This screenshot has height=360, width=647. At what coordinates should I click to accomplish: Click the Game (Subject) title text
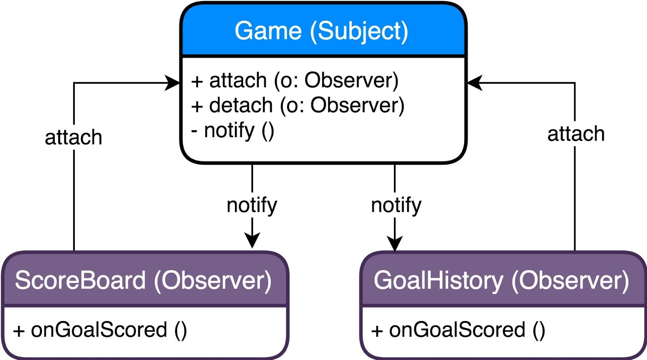point(321,31)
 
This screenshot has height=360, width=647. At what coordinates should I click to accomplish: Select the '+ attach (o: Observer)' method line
point(295,80)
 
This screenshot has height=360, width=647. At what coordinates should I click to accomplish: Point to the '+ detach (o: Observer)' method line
point(298,105)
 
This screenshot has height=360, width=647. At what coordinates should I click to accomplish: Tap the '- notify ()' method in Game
point(233,131)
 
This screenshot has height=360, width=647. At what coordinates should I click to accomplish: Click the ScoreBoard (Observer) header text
point(143,280)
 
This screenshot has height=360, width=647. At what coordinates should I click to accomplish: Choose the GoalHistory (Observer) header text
point(501,280)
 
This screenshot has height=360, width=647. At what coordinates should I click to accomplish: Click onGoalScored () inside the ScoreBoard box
point(100,330)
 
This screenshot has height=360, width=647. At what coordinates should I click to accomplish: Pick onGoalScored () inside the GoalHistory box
point(458,330)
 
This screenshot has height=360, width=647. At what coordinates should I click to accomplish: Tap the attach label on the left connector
point(74,138)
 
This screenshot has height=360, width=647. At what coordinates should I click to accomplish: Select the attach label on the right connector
point(576,134)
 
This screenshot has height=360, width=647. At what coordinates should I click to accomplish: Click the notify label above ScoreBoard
point(252,205)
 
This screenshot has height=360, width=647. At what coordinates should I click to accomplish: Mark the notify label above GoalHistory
point(396,205)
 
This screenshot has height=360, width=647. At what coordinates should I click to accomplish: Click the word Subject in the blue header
point(359,31)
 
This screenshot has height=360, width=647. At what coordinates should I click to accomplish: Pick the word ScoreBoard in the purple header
point(80,280)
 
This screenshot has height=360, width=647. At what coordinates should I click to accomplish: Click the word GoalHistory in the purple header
point(438,280)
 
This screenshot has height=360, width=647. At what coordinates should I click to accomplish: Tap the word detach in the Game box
point(241,105)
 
